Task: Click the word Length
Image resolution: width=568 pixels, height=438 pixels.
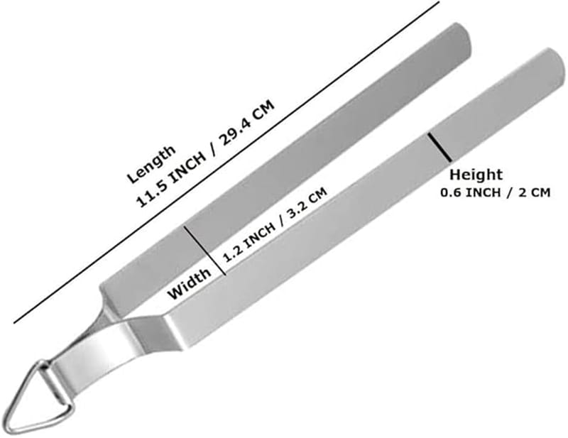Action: click(x=151, y=164)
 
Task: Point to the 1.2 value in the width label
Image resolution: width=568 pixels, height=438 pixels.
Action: click(x=231, y=251)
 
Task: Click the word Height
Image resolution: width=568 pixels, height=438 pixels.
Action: click(x=476, y=175)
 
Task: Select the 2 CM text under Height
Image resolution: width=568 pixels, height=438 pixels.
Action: click(x=535, y=192)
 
